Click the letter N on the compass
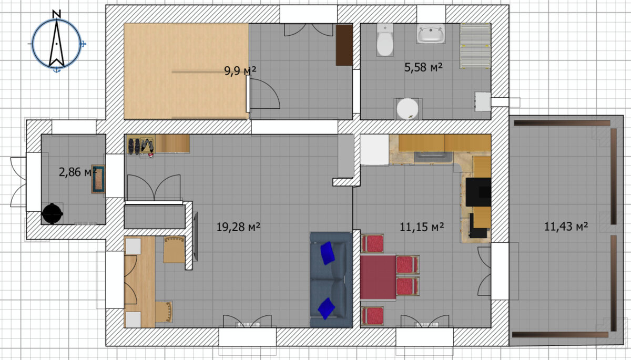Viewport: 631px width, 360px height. pos(57,14)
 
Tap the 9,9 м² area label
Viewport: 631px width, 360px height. pos(240,70)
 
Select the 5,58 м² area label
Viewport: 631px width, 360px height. pos(423,67)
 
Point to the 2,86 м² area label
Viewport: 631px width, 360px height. pos(78,172)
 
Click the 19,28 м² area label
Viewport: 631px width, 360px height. pos(238,227)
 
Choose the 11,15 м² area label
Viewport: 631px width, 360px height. pos(422,227)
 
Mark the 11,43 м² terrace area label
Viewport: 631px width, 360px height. pos(566,226)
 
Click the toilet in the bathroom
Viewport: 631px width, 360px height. pos(385,40)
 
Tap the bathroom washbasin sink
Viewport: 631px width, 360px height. pos(431,34)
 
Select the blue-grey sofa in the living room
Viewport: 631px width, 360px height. pos(331,280)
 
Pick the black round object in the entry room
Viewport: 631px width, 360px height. pos(52,214)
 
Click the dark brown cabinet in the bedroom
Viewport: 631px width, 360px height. pos(344,45)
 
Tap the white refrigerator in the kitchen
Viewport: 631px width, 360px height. pos(374,150)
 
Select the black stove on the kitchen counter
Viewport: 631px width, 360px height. pos(479,192)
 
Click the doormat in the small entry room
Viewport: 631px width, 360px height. pos(98,179)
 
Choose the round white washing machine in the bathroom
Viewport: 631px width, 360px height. pos(408,109)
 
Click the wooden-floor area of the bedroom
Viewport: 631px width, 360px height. pos(186,71)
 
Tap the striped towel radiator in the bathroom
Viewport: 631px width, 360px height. pos(475,46)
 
